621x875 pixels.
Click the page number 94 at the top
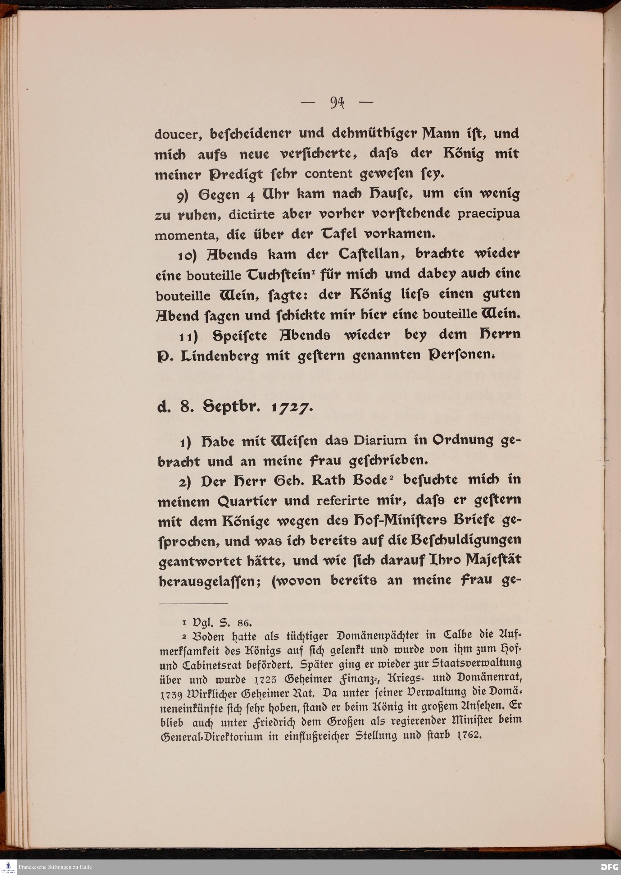pyautogui.click(x=337, y=103)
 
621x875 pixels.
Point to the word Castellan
pyautogui.click(x=369, y=254)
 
